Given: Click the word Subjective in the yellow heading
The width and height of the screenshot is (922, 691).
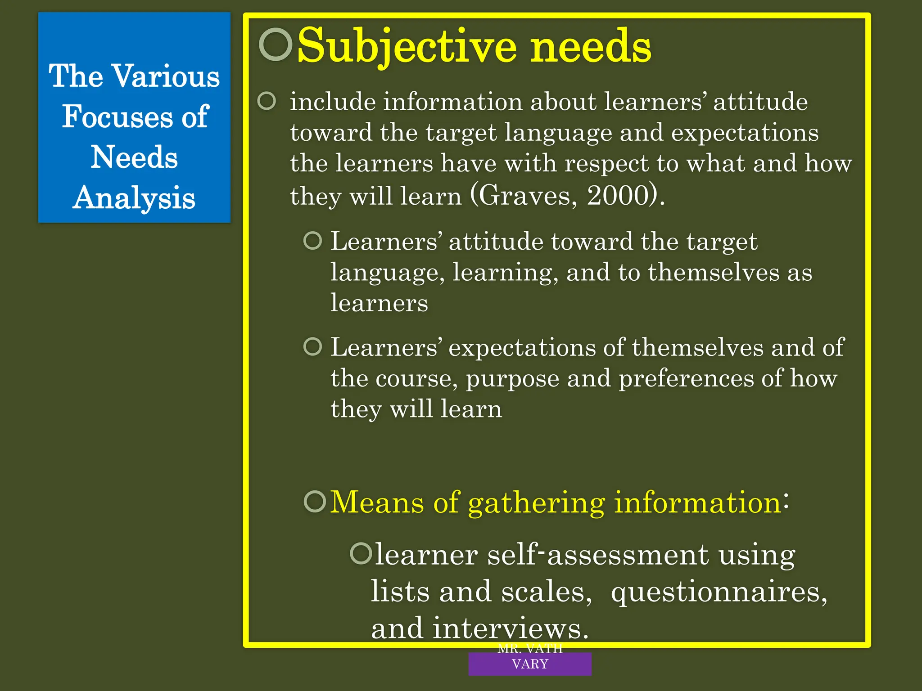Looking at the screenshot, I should pos(407,46).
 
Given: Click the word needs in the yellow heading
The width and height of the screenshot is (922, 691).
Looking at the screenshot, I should pos(591,46).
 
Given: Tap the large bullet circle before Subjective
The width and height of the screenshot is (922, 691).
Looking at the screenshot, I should pos(276,44).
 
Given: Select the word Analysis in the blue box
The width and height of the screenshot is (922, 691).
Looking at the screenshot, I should pos(134,198).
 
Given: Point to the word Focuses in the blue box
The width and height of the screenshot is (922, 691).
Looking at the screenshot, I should pos(117,117).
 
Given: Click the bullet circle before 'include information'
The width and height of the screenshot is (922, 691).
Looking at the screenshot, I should pos(267,101).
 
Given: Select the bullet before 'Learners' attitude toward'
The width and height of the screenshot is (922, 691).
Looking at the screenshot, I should pos(313,241).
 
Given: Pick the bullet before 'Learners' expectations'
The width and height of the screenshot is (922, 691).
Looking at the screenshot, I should pos(313,346).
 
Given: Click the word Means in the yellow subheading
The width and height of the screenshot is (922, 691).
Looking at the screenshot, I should pos(377,502).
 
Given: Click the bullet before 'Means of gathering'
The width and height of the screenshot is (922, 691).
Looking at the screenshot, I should pos(315,501).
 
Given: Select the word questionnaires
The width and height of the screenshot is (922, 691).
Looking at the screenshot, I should pos(719,592).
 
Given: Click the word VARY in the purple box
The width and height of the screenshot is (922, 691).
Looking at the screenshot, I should pos(530,664).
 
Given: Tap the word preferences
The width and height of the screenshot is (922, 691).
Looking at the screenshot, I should pos(686,378).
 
